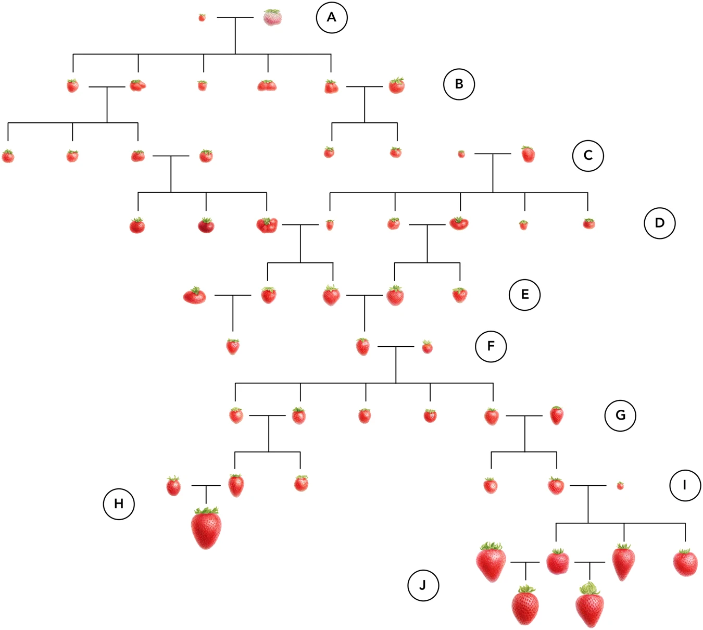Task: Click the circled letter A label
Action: (x=331, y=17)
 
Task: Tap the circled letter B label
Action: (x=459, y=84)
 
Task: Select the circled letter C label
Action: (x=588, y=156)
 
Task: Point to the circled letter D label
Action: (x=659, y=223)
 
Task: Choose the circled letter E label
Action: (x=524, y=295)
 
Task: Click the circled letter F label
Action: (x=491, y=346)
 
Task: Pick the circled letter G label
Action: (x=620, y=415)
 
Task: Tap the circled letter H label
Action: (x=119, y=503)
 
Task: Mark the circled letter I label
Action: (x=685, y=485)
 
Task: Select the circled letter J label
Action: (x=423, y=585)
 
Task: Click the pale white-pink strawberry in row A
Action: (x=272, y=18)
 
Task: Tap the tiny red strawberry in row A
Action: (x=202, y=17)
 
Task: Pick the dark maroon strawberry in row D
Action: (x=206, y=225)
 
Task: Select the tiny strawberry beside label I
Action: (x=620, y=486)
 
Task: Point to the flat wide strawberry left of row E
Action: (x=195, y=296)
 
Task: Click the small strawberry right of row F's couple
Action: (x=427, y=347)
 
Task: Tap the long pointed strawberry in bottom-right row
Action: (x=623, y=562)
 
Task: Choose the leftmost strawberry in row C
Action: (x=8, y=156)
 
